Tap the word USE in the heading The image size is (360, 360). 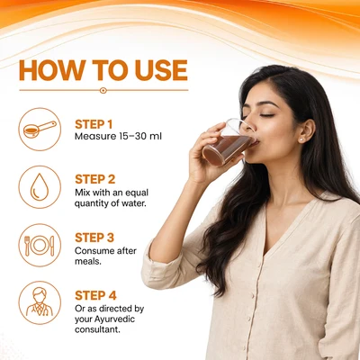pos(161,70)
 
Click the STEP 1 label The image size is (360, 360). pos(94,124)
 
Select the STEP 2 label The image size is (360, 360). pos(95,179)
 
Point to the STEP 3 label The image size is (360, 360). pos(94,238)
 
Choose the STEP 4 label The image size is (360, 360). pos(95,295)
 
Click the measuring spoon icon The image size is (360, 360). pos(40,130)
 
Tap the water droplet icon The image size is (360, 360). pos(40,187)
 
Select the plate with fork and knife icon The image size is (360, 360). pos(40,245)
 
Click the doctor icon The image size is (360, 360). pos(40,302)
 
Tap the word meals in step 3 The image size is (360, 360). pos(88,261)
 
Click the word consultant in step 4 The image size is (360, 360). pos(97,329)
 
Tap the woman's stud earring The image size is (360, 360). pos(301,139)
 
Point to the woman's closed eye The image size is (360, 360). pos(266,115)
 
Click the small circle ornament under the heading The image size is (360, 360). pos(103,90)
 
